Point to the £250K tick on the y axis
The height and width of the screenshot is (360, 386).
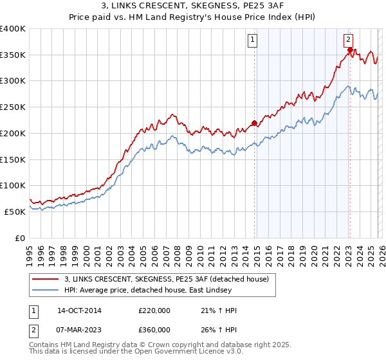tap(13, 107)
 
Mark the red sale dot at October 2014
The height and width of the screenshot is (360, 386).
tap(254, 123)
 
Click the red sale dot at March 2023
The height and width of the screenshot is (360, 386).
tap(349, 50)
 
